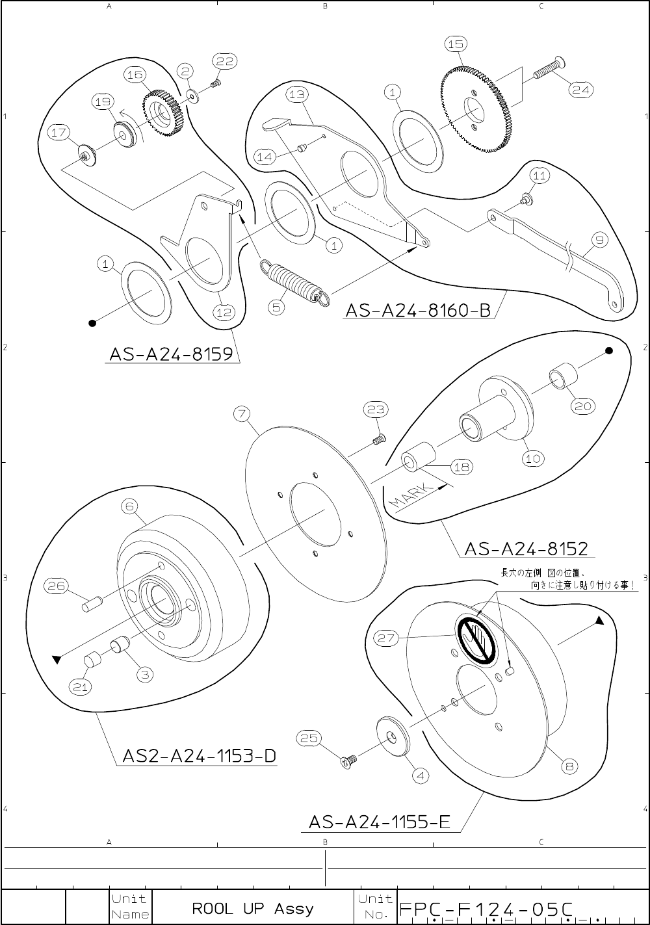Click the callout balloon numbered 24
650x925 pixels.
[x=580, y=90]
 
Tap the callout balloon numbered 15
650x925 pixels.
[x=456, y=44]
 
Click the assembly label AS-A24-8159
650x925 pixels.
[x=172, y=355]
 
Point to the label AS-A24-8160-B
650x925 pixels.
[x=417, y=310]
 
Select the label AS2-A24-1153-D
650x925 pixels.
[x=199, y=756]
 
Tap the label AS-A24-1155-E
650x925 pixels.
[x=380, y=822]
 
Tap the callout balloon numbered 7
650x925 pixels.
[x=242, y=413]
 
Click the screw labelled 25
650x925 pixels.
[x=348, y=759]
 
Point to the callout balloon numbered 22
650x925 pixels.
[x=224, y=61]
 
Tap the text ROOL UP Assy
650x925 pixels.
[x=252, y=908]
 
